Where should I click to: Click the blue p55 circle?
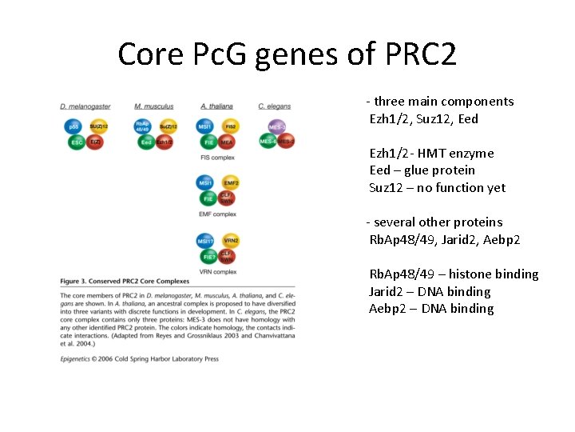tap(73, 126)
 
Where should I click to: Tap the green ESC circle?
tap(77, 142)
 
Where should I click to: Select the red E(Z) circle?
tap(94, 142)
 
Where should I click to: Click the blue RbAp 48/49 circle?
tap(143, 126)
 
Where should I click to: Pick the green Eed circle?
tap(146, 142)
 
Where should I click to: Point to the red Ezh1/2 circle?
tap(165, 142)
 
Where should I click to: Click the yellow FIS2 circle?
tap(229, 126)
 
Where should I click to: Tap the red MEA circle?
tap(227, 142)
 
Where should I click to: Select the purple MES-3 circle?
tap(276, 126)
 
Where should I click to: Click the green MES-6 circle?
tap(268, 142)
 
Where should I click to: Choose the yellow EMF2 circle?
tap(230, 183)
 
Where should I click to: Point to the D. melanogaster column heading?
tap(85, 106)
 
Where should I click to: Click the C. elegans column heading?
tap(274, 106)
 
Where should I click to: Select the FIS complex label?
tap(217, 158)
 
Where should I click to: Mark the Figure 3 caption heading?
tap(125, 282)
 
